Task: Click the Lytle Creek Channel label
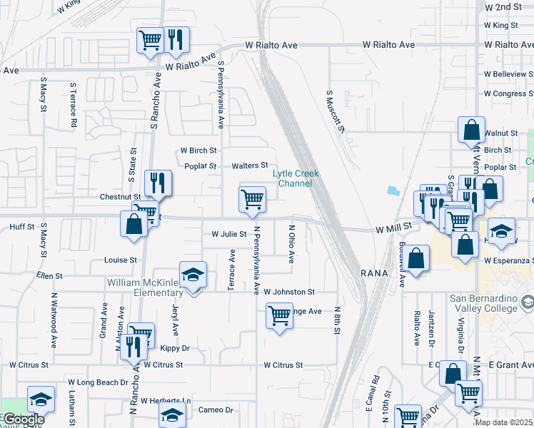click(296, 178)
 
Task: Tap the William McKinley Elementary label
click(145, 288)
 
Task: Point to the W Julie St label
click(228, 234)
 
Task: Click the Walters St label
click(249, 166)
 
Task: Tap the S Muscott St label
click(336, 111)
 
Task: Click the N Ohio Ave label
click(291, 245)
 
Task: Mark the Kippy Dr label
click(174, 348)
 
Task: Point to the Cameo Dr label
click(219, 410)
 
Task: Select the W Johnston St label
click(288, 292)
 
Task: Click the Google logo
click(24, 419)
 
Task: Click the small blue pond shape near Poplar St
click(393, 190)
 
